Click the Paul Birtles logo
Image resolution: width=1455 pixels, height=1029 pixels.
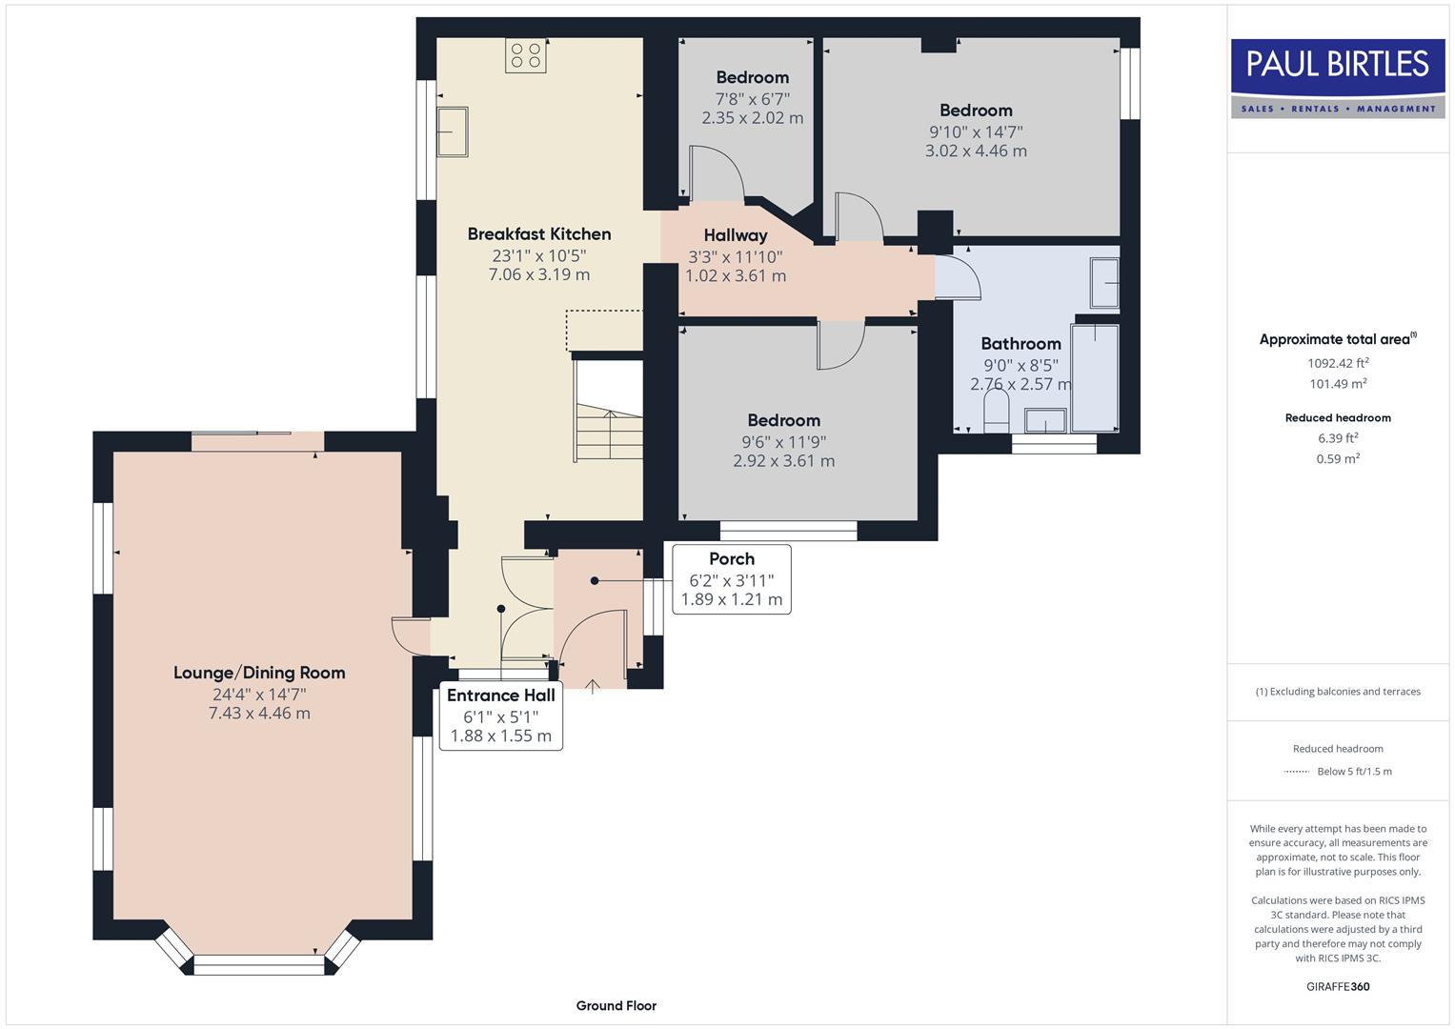point(1337,77)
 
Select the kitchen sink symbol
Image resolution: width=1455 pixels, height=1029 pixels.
point(452,131)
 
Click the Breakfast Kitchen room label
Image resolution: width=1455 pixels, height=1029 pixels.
point(538,233)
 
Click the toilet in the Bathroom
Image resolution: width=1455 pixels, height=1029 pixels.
point(996,414)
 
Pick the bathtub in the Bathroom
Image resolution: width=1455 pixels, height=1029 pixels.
point(1094,377)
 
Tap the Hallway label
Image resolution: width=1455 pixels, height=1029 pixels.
point(735,235)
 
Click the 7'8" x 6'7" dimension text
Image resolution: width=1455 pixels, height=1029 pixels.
point(752,98)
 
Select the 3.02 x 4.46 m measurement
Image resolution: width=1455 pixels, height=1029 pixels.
point(975,151)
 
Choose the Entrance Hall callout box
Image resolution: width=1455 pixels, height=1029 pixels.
point(500,716)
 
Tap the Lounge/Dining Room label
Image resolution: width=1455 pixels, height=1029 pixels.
point(259,673)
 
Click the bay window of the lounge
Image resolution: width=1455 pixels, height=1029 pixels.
point(258,963)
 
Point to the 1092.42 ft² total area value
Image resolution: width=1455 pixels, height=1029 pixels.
point(1337,363)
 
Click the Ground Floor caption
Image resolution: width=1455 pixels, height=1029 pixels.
point(616,1005)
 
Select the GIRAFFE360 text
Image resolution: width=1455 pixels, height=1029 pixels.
point(1337,986)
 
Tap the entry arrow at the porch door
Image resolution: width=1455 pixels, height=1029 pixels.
point(592,683)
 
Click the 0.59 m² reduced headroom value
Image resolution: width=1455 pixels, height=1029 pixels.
point(1337,458)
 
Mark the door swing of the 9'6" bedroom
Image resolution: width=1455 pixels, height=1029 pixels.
point(839,345)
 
